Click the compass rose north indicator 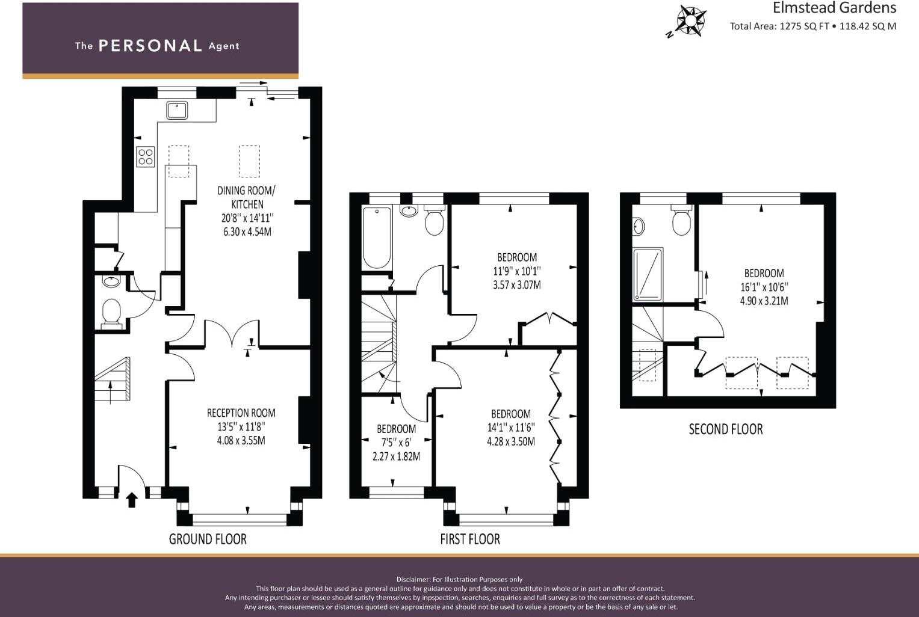pos(690,20)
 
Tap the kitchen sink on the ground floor pos(177,111)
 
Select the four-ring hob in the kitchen pos(146,157)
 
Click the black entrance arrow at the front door pos(131,500)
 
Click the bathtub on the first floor pos(377,237)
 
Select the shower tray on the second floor pos(648,274)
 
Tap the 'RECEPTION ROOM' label pos(241,413)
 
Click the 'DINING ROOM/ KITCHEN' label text pos(247,197)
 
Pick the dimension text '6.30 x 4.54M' pos(247,232)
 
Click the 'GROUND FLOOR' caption pos(208,539)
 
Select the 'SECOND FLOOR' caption pos(726,429)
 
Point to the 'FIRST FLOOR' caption pos(469,539)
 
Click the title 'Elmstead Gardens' pos(834,8)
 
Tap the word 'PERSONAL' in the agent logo pos(150,46)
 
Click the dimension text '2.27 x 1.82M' pos(396,456)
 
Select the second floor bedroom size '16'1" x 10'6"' pos(764,287)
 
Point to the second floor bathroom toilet pos(682,222)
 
